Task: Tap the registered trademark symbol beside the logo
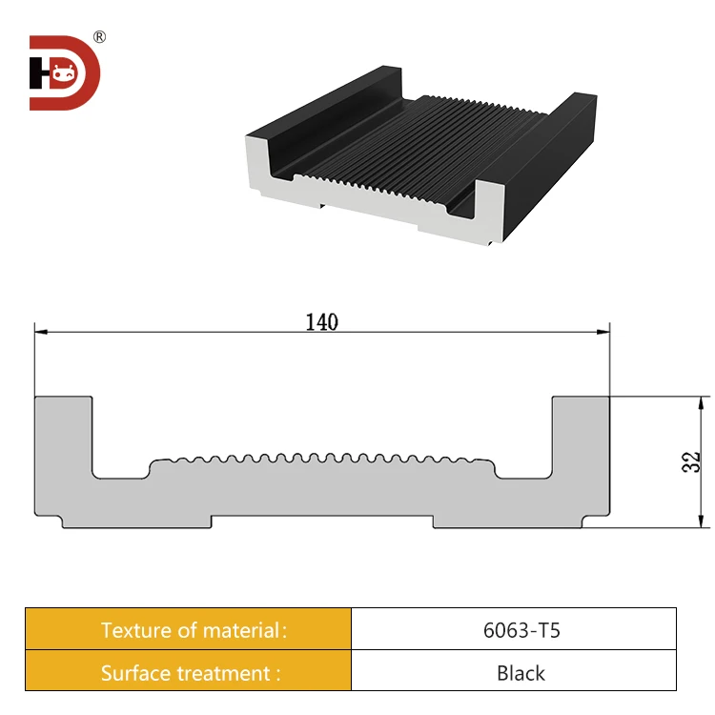pos(99,37)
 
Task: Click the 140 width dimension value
pos(321,322)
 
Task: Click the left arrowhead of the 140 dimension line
pos(41,332)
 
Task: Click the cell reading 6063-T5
pos(514,629)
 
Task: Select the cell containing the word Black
pos(514,672)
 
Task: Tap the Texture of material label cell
pos(188,629)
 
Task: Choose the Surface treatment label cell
pos(188,672)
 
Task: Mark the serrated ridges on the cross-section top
pos(322,456)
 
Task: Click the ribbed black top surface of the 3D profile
pos(400,143)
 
